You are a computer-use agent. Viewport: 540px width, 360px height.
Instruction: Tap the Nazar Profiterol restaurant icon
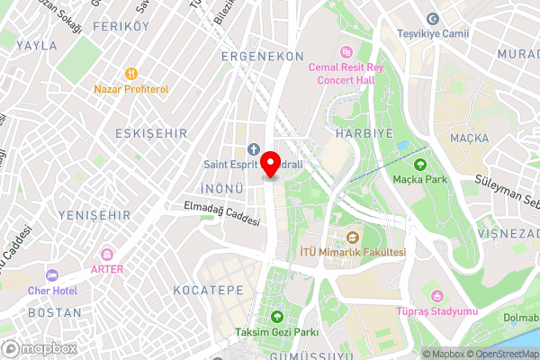coord(131,74)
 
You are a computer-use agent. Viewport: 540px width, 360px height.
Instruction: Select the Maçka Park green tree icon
coord(419,165)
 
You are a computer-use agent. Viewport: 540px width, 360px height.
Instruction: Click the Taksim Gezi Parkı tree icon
coord(277,317)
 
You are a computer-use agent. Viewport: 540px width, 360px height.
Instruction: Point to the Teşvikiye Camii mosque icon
coord(433,19)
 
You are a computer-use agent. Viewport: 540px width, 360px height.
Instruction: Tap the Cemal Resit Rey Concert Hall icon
coord(346,50)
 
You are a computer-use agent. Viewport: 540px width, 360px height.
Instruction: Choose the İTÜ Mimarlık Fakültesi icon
coord(353,238)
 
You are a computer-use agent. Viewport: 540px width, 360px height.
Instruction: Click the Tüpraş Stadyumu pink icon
coord(437,295)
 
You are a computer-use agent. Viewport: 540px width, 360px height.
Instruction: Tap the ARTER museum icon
coord(107,254)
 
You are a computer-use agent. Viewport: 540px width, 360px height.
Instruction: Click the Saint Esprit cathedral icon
coord(253,148)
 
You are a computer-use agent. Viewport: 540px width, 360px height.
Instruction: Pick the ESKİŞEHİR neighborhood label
coord(150,132)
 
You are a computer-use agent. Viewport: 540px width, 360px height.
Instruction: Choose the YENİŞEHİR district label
coord(94,215)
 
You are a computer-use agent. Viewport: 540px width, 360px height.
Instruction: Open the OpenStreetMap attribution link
coord(499,353)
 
